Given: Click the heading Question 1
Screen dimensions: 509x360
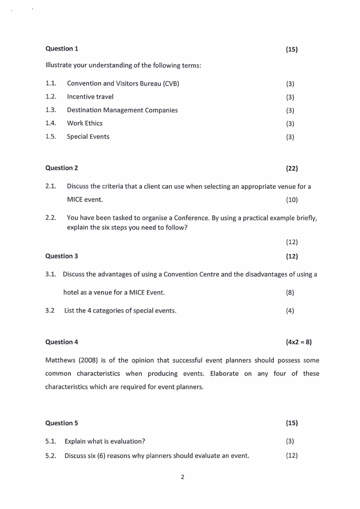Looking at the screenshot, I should [62, 49].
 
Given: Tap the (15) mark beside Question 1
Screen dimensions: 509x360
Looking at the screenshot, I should [292, 49].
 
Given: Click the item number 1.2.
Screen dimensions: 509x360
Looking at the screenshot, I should [51, 97].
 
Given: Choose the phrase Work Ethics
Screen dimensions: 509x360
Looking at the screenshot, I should [85, 123].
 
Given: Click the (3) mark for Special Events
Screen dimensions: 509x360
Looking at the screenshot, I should [290, 137].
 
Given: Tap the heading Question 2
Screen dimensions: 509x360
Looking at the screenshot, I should [62, 168].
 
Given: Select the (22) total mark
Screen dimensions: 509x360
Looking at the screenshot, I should [292, 168].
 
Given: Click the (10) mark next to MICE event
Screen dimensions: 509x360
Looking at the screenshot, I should [292, 200].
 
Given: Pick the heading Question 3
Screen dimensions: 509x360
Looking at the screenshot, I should [62, 256].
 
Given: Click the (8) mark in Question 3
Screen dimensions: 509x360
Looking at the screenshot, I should [290, 293].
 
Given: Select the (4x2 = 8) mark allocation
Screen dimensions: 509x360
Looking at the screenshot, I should [299, 342].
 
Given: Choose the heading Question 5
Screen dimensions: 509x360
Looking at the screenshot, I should [62, 423].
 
